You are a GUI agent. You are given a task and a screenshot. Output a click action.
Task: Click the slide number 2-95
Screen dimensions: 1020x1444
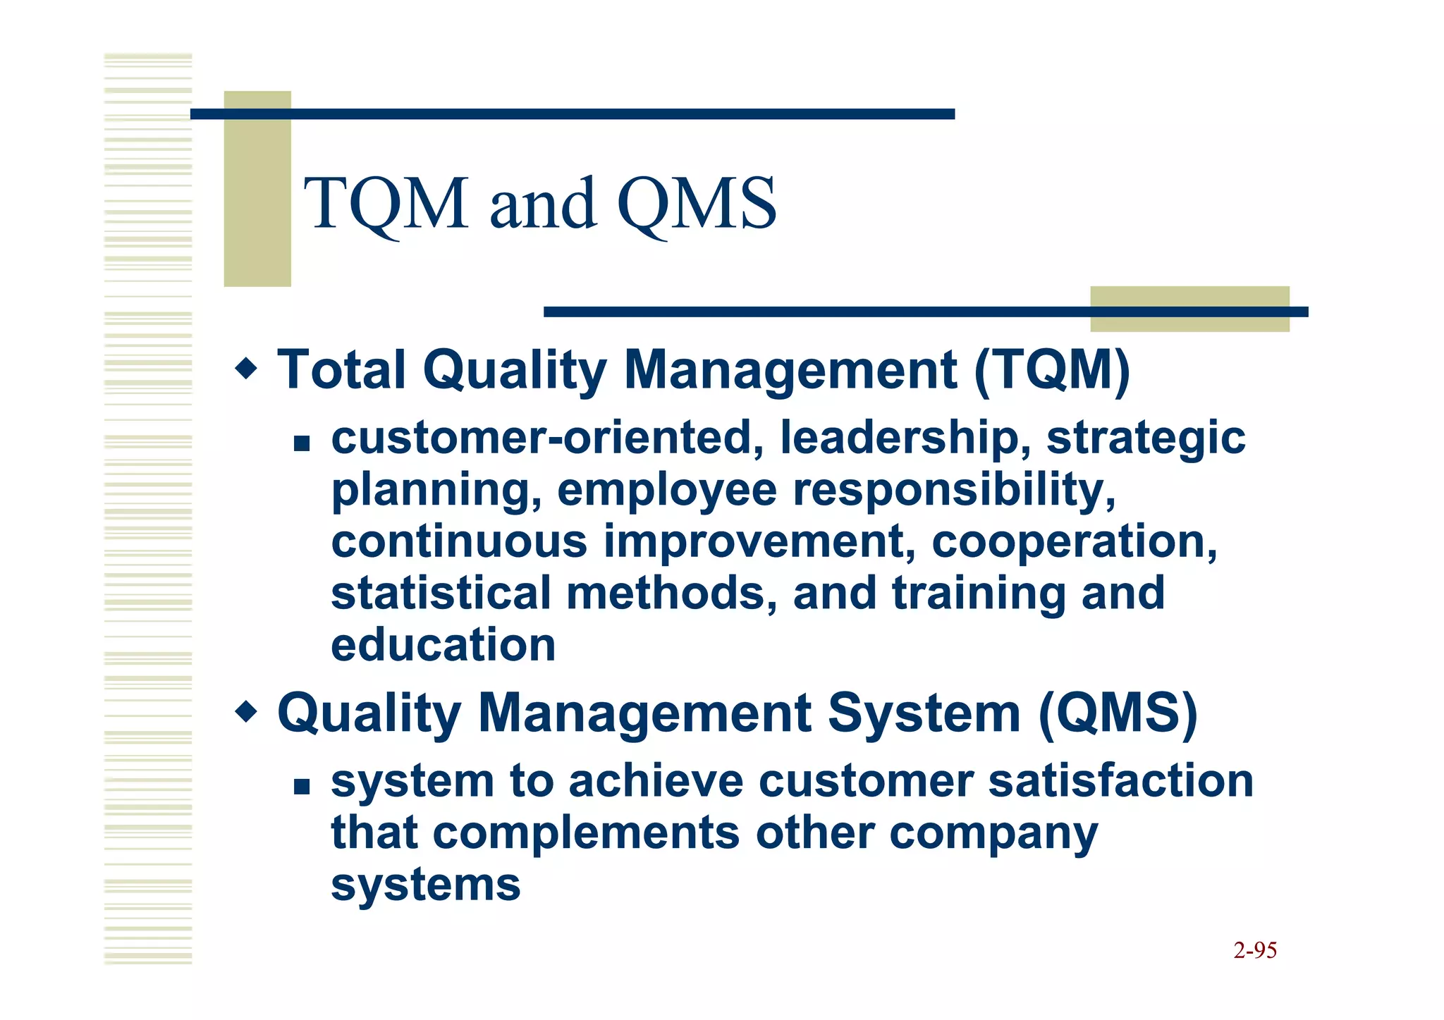pos(1255,950)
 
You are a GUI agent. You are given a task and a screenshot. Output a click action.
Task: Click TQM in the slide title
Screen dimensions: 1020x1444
pos(386,204)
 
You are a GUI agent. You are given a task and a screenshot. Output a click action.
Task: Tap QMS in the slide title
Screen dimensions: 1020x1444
pos(697,204)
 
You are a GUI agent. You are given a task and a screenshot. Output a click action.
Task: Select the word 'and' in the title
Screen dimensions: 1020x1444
pos(542,204)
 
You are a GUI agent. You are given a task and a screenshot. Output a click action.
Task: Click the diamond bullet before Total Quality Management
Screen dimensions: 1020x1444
pos(246,367)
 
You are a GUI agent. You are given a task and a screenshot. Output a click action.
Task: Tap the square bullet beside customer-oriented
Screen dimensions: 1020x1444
pos(302,443)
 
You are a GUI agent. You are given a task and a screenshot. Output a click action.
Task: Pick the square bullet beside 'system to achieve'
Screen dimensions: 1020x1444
pos(302,786)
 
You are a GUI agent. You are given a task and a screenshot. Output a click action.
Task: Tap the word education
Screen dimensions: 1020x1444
pos(443,645)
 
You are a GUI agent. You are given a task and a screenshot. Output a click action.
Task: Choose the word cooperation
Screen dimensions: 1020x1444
pos(1074,543)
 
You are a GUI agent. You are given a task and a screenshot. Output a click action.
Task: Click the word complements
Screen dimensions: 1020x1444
pos(585,834)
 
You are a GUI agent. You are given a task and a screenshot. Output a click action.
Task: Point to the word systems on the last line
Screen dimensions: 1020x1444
pos(425,885)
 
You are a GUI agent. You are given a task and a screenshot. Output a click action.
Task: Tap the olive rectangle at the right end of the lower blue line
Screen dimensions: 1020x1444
pos(1189,309)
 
